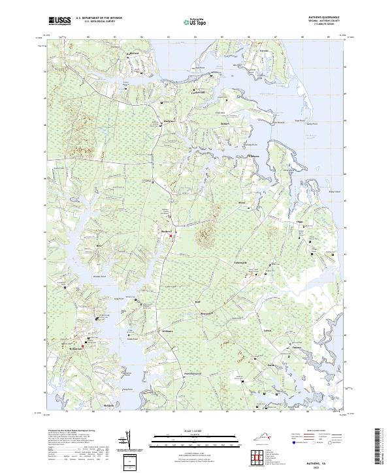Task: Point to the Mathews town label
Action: [x=166, y=230]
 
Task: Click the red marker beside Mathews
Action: [x=171, y=236]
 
